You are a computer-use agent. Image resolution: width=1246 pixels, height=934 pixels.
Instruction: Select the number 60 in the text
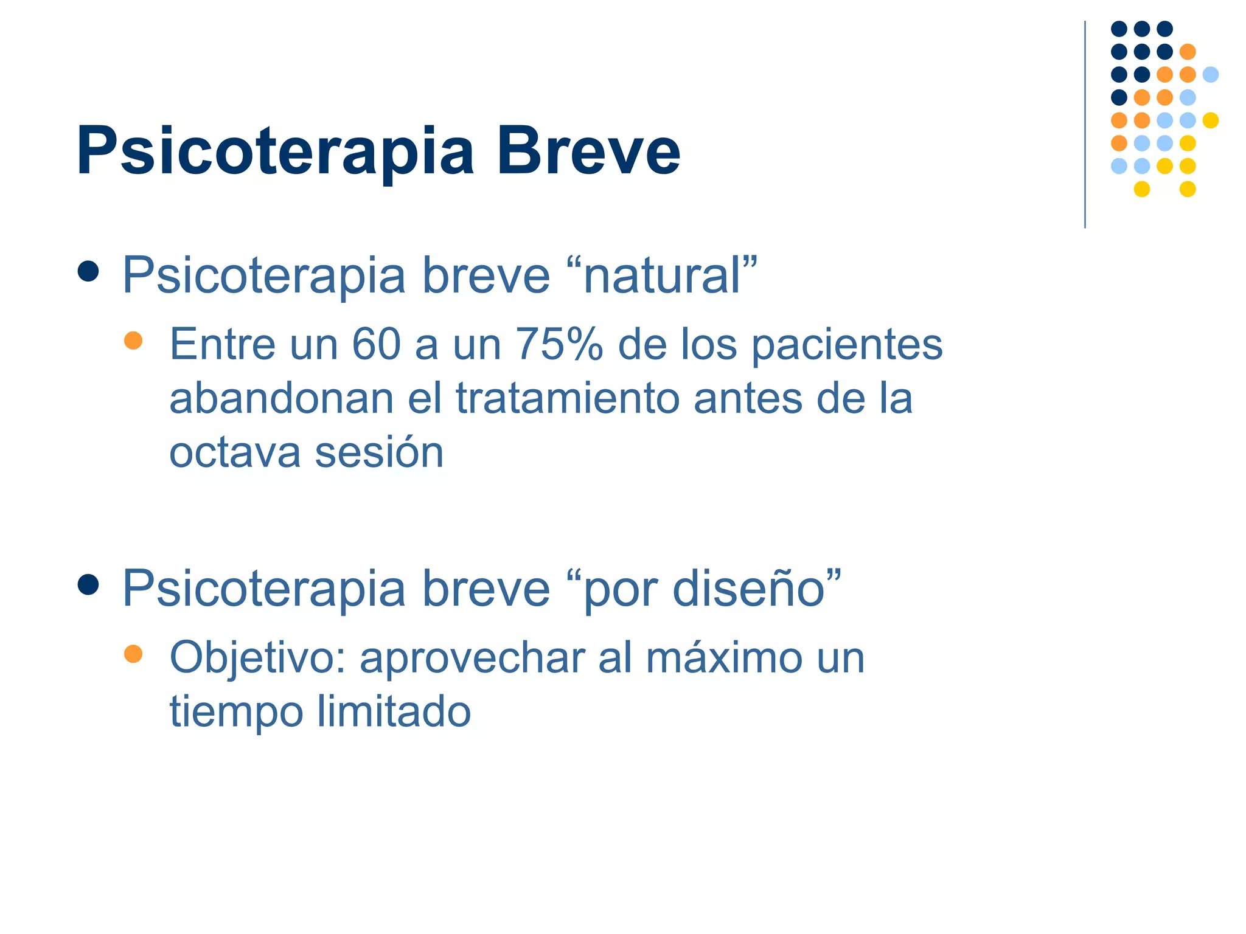[376, 344]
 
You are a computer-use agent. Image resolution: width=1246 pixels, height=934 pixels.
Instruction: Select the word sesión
[380, 453]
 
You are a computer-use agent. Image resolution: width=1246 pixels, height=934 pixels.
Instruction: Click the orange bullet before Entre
[133, 340]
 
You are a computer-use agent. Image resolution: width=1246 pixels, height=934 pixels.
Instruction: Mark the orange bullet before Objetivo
[133, 654]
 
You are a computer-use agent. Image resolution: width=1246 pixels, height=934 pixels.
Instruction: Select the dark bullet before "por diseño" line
[88, 585]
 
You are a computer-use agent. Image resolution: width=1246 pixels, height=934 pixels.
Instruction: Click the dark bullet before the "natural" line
[88, 271]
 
